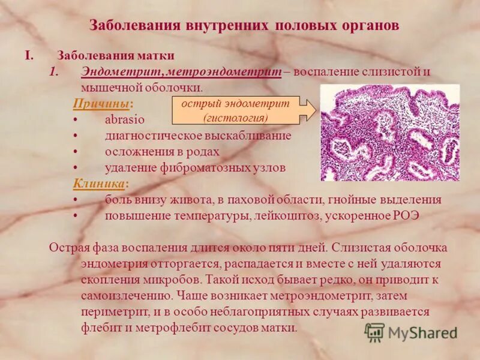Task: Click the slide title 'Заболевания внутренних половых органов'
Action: click(244, 26)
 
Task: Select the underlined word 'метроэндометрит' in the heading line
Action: click(224, 71)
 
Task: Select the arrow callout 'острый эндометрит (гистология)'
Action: click(244, 110)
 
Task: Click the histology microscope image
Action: click(390, 132)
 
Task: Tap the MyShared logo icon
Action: click(374, 332)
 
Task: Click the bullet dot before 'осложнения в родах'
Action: click(76, 152)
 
